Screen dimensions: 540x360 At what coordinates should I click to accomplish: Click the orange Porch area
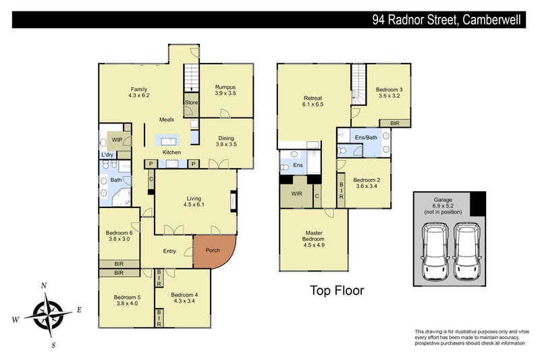(x=212, y=251)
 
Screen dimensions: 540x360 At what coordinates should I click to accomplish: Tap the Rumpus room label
(x=225, y=87)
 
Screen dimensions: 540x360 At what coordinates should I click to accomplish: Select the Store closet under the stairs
(x=191, y=105)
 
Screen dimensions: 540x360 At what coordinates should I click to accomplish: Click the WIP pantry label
(x=117, y=140)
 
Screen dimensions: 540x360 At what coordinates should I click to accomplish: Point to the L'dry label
(x=107, y=155)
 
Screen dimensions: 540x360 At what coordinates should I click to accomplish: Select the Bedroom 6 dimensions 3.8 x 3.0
(x=119, y=239)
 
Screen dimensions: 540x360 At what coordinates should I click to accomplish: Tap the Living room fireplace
(x=234, y=201)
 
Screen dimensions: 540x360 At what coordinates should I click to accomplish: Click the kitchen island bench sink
(x=168, y=141)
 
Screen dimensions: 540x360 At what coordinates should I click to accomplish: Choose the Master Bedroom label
(x=314, y=236)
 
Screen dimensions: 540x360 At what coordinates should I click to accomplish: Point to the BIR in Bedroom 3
(x=395, y=124)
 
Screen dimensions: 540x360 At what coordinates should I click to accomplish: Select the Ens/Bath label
(x=366, y=138)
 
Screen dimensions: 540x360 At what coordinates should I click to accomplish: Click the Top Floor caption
(x=337, y=290)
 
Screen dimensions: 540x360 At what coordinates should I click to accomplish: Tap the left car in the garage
(x=435, y=251)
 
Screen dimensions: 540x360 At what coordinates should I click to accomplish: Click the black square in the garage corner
(x=478, y=204)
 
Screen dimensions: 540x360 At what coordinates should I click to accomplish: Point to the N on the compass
(x=44, y=286)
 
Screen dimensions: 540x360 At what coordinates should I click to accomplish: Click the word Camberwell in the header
(x=491, y=20)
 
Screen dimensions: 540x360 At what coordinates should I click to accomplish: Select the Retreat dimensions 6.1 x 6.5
(x=313, y=105)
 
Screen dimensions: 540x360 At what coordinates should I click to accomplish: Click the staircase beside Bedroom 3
(x=358, y=84)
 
